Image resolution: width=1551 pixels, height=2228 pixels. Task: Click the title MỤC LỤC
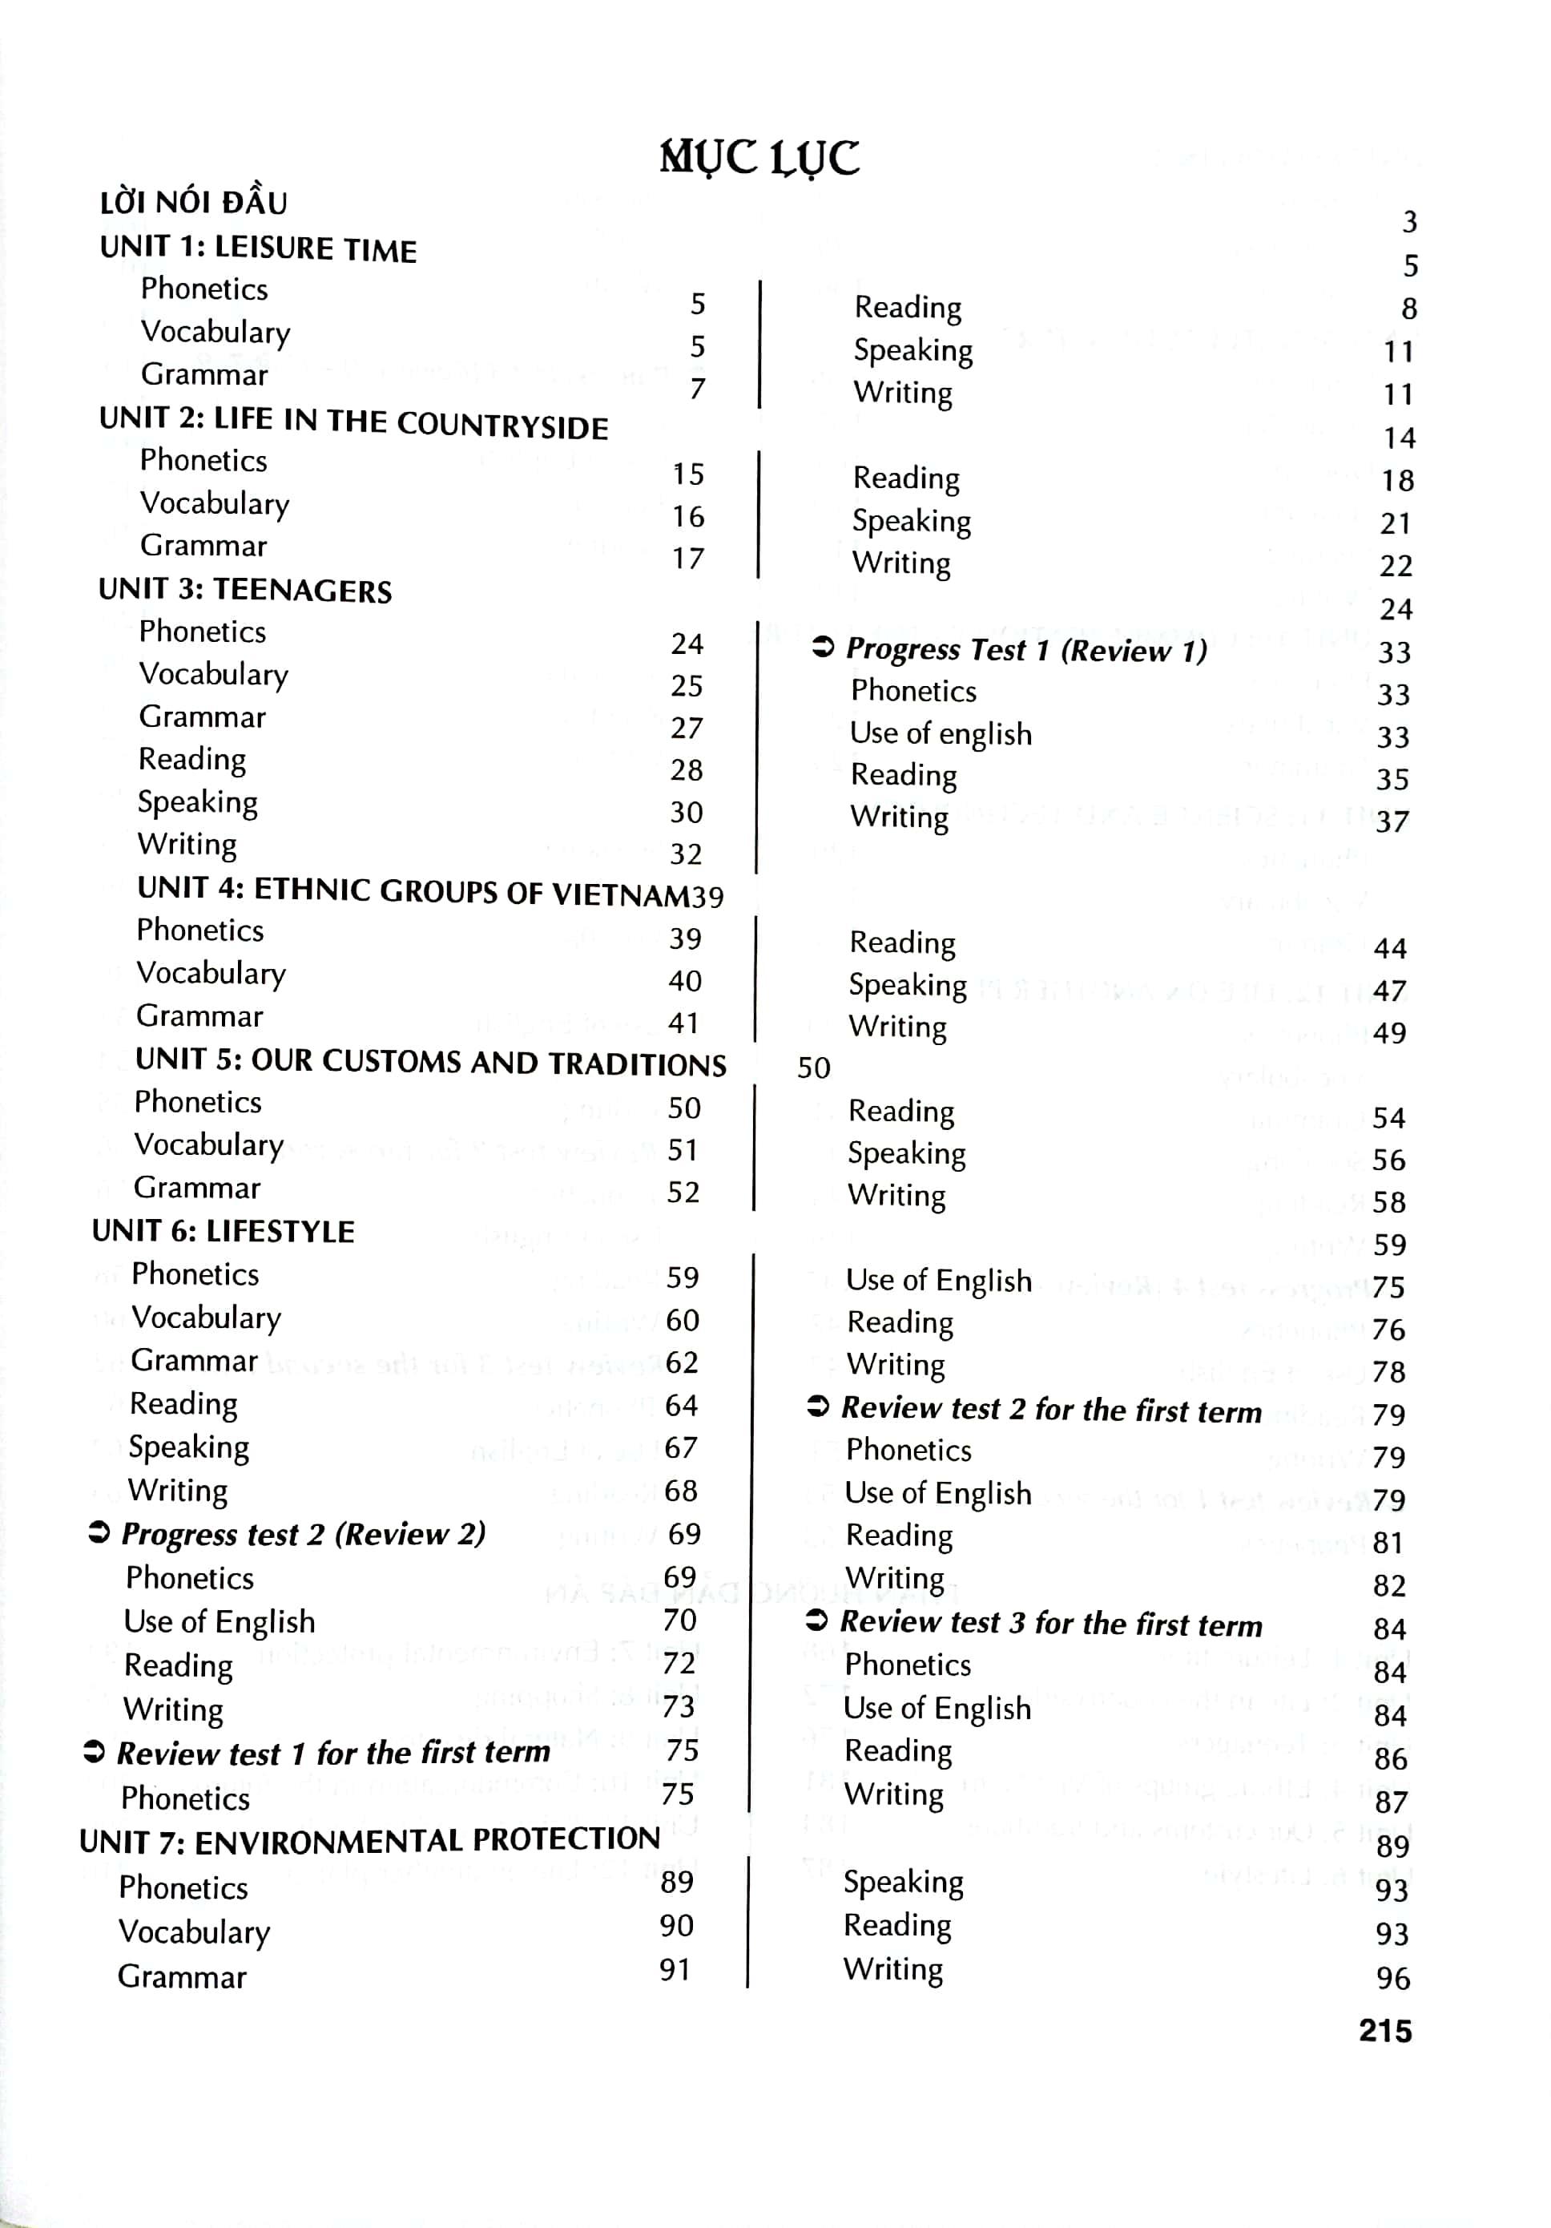[759, 157]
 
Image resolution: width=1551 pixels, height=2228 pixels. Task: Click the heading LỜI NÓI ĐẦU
[193, 203]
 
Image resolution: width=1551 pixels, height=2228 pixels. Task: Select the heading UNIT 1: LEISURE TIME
[258, 248]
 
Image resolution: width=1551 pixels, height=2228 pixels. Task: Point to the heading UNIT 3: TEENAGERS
[244, 590]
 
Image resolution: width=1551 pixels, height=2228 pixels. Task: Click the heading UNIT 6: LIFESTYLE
[223, 1232]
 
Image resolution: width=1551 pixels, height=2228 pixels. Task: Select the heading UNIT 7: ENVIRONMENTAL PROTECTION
[369, 1840]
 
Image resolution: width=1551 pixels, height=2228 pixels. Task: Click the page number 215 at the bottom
[1384, 2030]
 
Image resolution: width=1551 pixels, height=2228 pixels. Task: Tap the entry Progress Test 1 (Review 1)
[1026, 649]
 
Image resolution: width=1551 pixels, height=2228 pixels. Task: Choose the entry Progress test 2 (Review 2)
[303, 1534]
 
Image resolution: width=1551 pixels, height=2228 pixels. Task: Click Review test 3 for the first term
[1050, 1624]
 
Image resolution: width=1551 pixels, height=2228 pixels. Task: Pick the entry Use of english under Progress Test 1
[940, 733]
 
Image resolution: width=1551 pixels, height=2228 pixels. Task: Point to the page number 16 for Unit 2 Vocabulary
[687, 516]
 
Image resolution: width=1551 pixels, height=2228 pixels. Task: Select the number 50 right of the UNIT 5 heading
[813, 1068]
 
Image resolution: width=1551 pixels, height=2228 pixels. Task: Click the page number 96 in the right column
[1392, 1978]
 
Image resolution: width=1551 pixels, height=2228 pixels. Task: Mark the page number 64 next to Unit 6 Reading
[681, 1405]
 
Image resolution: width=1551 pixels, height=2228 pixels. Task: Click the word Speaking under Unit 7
[903, 1882]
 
